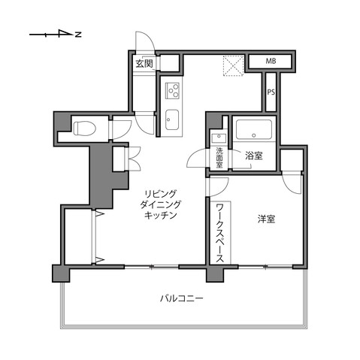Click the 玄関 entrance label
click(x=144, y=64)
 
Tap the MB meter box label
click(x=271, y=62)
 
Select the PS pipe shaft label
click(x=271, y=93)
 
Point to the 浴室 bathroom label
click(x=253, y=156)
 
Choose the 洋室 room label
click(x=266, y=219)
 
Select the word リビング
click(x=160, y=192)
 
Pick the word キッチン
click(x=160, y=215)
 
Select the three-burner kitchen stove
click(x=172, y=91)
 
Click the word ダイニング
click(x=160, y=204)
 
